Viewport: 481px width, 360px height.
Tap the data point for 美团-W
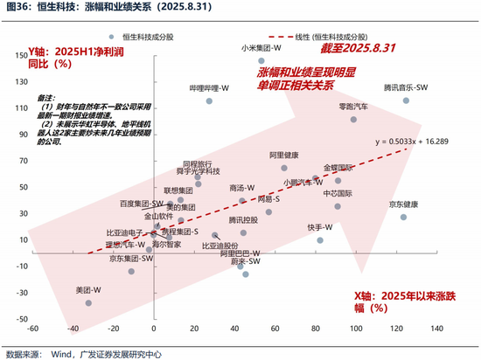click(x=87, y=302)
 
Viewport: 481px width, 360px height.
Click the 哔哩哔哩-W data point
click(x=209, y=100)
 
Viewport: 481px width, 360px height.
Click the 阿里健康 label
click(x=284, y=156)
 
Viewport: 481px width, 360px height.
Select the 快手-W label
click(x=319, y=226)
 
